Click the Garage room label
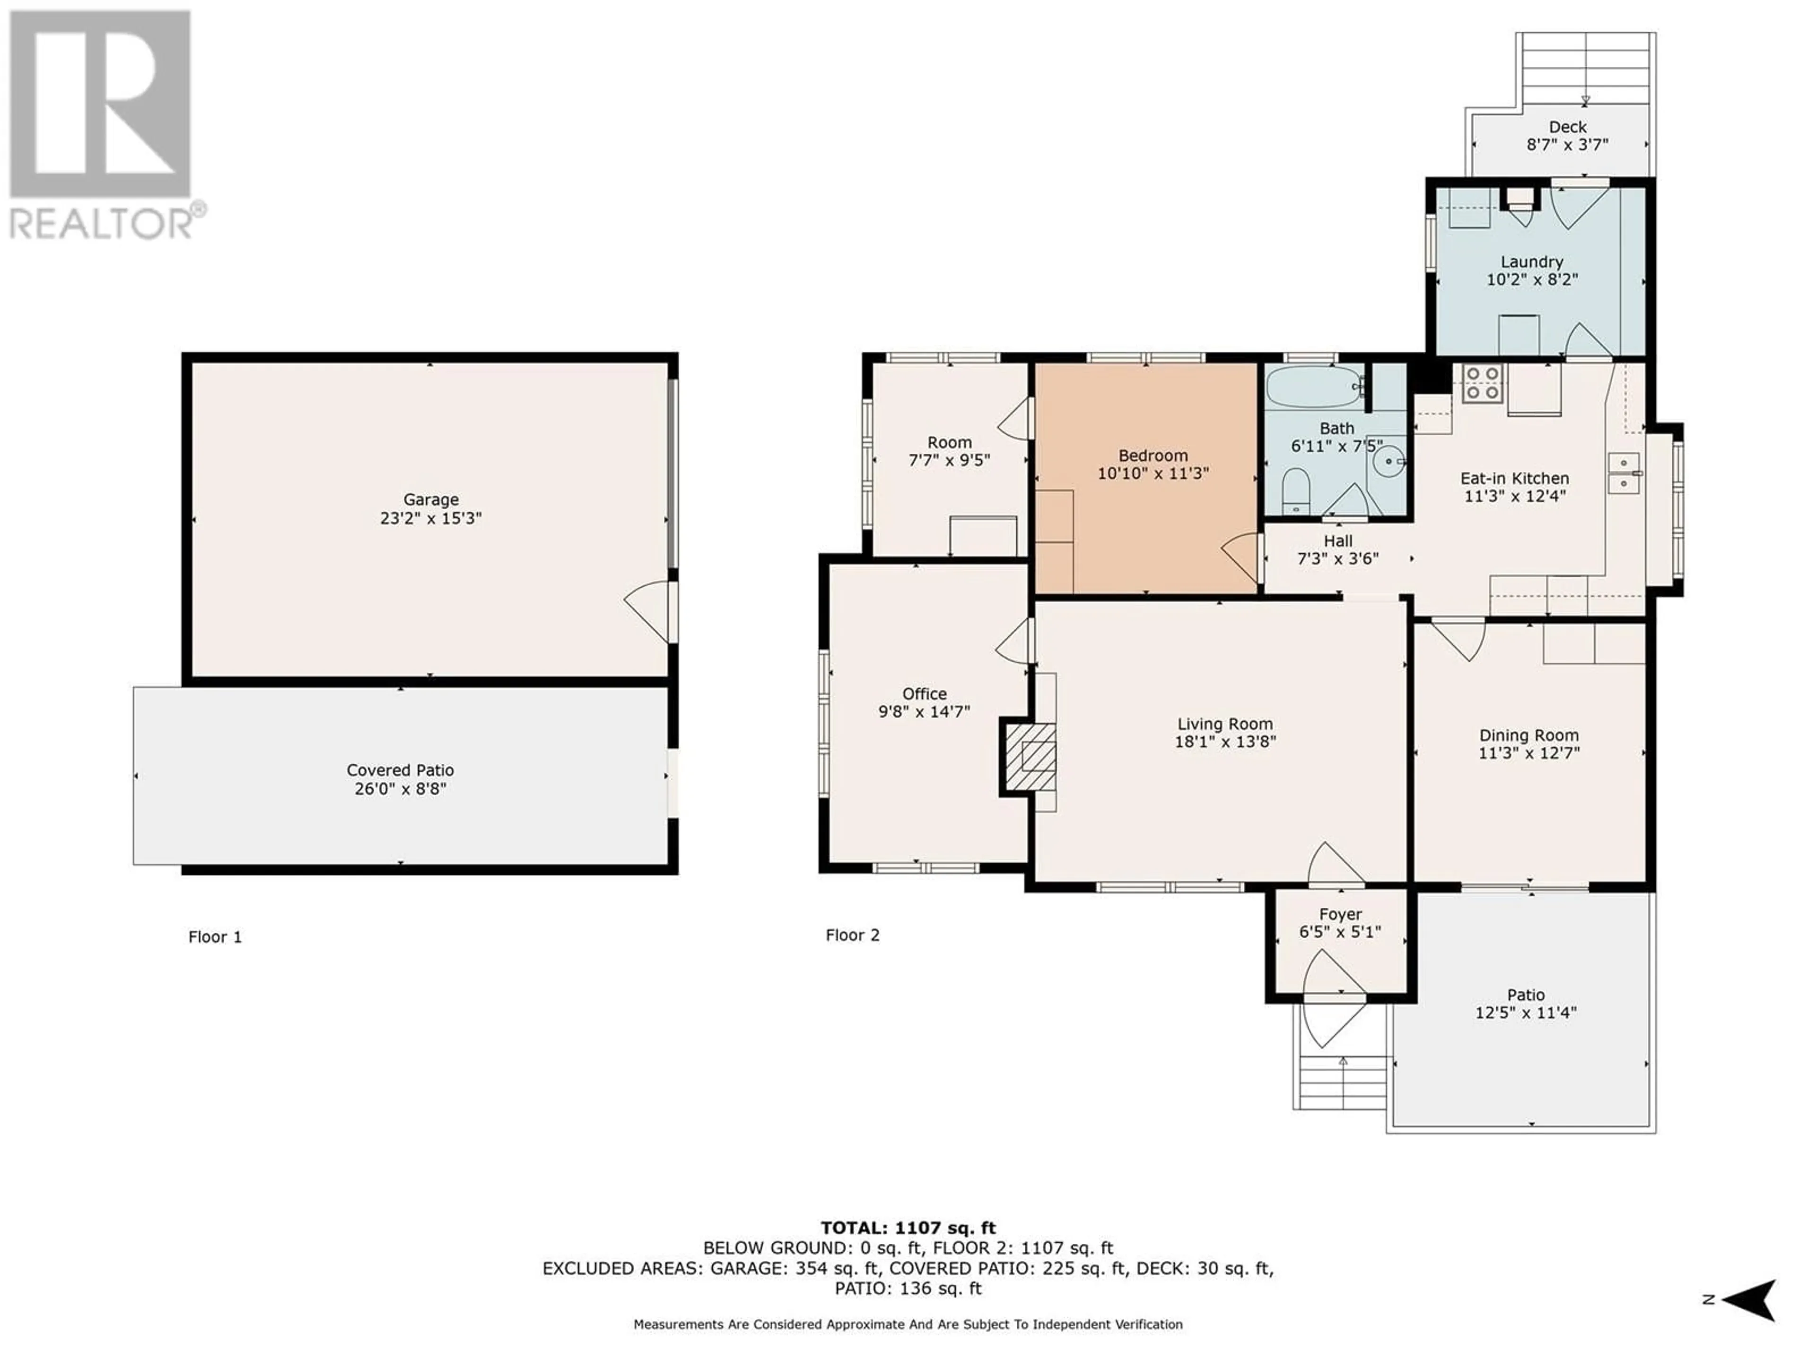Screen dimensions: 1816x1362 [430, 499]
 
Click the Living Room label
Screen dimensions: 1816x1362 [1225, 724]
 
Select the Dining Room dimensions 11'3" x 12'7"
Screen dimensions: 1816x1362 [1528, 753]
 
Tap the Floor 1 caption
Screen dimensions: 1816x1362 [215, 937]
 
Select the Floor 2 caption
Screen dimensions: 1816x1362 [852, 935]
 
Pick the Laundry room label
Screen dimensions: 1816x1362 [1532, 262]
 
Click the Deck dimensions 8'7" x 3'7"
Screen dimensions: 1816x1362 [1567, 145]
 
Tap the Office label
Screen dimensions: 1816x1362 [925, 694]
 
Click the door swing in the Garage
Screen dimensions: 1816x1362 [648, 611]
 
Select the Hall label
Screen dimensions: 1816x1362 [1338, 541]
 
